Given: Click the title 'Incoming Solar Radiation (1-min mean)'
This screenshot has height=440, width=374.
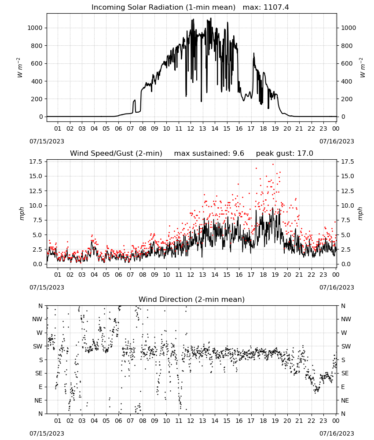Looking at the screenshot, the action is [163, 7].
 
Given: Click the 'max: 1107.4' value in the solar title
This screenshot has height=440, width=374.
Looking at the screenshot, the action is [266, 7].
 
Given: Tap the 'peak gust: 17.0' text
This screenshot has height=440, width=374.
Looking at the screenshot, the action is [285, 153].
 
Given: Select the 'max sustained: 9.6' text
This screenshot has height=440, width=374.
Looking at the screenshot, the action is [209, 153].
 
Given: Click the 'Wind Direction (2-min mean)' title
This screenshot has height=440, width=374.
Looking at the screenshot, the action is [192, 299].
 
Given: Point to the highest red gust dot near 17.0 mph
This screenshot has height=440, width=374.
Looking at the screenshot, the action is [273, 164].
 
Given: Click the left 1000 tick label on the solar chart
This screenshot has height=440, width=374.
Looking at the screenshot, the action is [35, 28].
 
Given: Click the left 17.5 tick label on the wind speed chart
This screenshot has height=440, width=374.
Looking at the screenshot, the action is [36, 161].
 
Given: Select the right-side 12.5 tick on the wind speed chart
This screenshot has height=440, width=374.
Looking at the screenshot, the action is [347, 191].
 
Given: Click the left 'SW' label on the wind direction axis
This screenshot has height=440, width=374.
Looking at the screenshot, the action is [37, 346].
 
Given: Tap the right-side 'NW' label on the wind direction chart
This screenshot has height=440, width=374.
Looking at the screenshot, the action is [346, 319].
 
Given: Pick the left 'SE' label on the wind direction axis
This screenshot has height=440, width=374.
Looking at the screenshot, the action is [39, 373].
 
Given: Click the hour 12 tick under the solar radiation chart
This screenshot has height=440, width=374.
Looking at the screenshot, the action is [191, 128].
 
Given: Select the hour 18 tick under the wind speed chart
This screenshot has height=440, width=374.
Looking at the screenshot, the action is [263, 275].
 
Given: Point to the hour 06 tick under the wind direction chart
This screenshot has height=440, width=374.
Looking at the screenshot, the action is [118, 421].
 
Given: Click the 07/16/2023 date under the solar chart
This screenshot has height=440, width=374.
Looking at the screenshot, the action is [337, 141].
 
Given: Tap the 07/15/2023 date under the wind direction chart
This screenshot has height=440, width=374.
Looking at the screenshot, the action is [47, 433].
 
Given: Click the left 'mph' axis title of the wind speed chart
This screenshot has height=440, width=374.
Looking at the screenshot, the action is [22, 213].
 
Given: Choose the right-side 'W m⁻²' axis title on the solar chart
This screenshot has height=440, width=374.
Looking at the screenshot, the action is [362, 68].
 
